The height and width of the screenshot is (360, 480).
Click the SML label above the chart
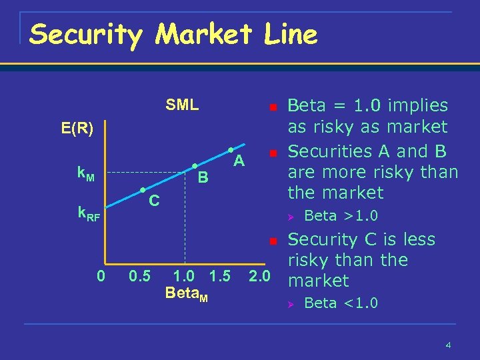182,105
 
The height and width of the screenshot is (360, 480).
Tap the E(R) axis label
77,129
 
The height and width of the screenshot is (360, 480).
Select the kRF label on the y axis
89,214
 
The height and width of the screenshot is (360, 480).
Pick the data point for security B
193,165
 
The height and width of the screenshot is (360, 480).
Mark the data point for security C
142,190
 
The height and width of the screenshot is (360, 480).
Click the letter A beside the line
239,161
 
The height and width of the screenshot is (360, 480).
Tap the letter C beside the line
153,200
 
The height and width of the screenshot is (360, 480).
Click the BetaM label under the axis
186,294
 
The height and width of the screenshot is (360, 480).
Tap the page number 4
449,345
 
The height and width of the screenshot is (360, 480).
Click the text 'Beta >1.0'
341,215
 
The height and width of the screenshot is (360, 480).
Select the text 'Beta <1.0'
341,303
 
